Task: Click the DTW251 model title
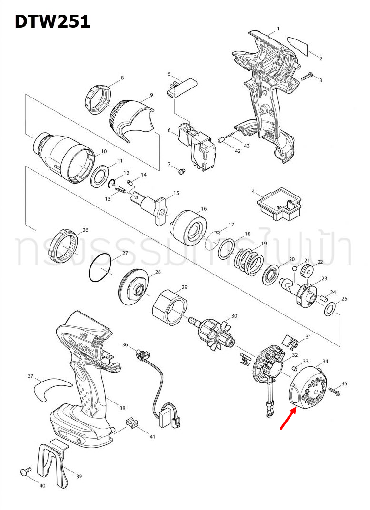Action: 52,21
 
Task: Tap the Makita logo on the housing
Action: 80,346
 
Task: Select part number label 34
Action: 325,362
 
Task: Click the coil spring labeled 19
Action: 250,262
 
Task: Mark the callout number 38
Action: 122,408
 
